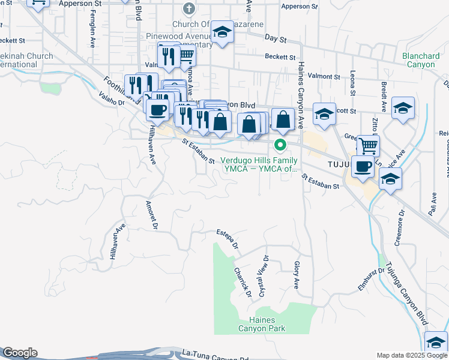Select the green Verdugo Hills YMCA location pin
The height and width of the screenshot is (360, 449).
click(280, 145)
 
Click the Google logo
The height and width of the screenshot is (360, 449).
click(20, 353)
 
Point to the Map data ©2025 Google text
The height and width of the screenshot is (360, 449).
click(412, 355)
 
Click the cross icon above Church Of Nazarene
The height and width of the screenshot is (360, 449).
click(189, 9)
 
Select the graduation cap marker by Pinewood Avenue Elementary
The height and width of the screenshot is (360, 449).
click(222, 33)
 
